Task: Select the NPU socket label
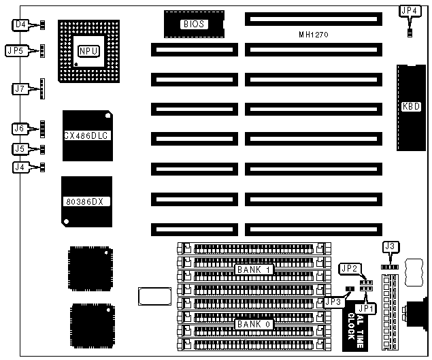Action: tap(88, 51)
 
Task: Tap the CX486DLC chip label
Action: tap(87, 136)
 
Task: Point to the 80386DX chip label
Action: tap(86, 201)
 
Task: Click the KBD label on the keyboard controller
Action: tap(412, 106)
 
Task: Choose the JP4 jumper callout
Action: tap(409, 10)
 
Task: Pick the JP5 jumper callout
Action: tap(16, 50)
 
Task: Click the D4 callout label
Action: tap(21, 25)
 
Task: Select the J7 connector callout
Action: tap(20, 88)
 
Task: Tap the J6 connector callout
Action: tap(20, 128)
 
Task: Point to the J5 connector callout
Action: tap(20, 148)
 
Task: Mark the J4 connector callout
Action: tap(20, 167)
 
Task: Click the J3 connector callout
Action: tap(390, 246)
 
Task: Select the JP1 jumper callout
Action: tap(367, 308)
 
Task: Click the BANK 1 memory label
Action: tap(254, 269)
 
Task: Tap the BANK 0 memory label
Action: tap(254, 325)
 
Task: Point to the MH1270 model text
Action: tap(314, 34)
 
